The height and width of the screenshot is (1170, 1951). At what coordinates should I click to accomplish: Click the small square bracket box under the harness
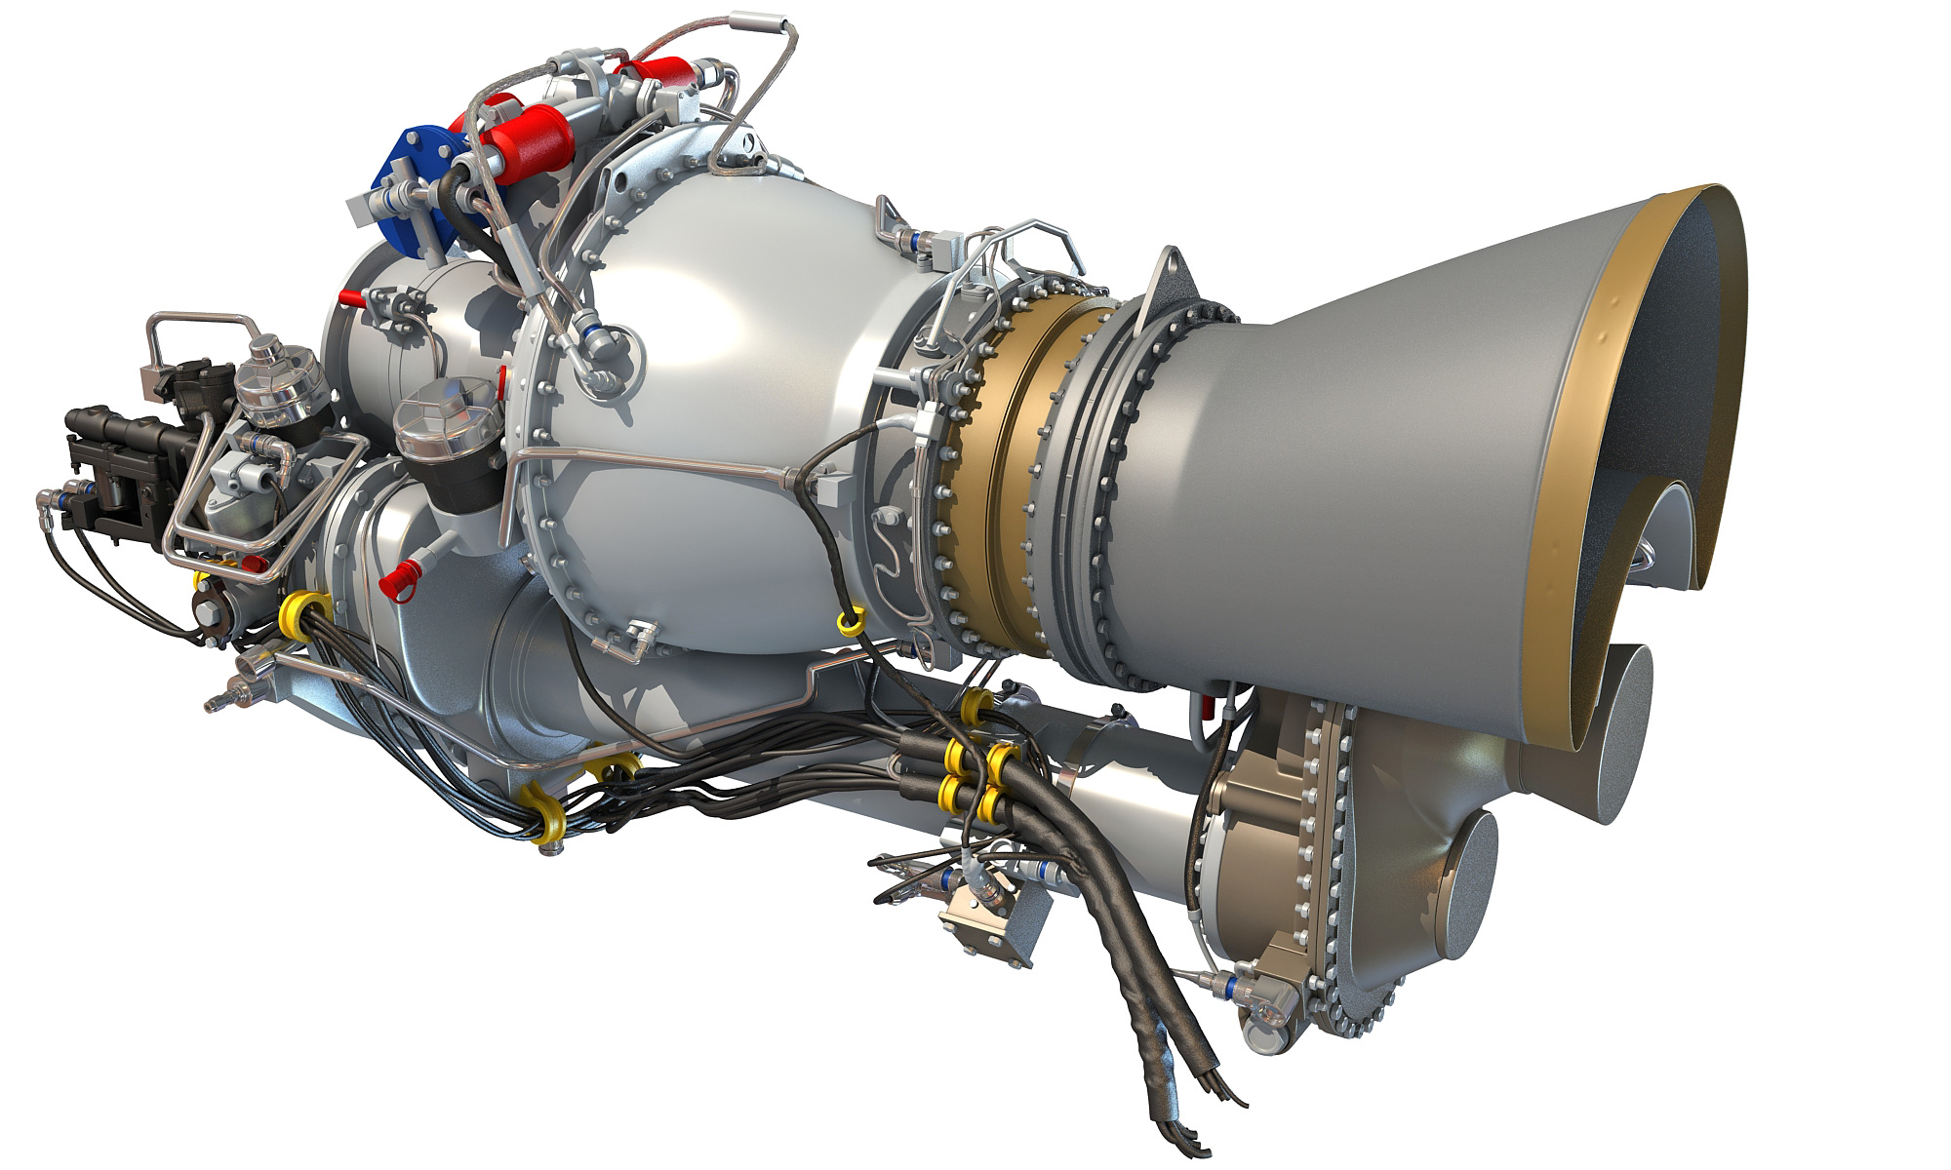coord(995,922)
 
